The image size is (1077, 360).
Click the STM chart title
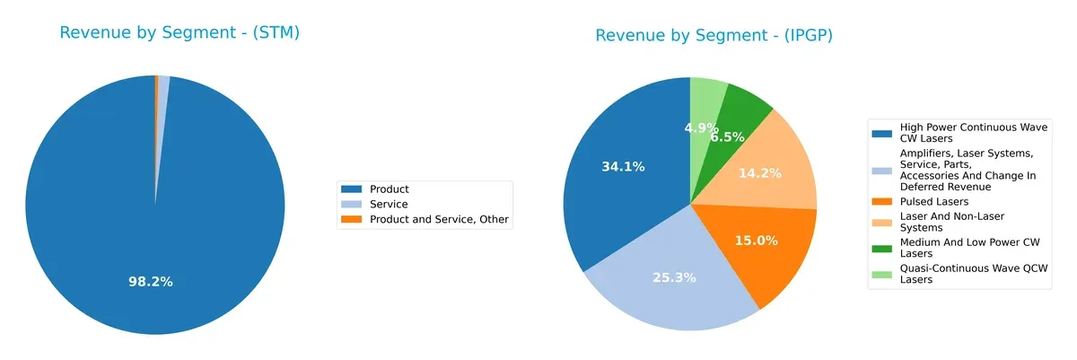(x=179, y=33)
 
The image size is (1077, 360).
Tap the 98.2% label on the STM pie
(x=151, y=282)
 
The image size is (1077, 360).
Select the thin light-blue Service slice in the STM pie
(x=163, y=90)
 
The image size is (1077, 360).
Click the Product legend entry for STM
(x=390, y=189)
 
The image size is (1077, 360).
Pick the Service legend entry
(x=389, y=205)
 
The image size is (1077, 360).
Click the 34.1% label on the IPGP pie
(x=622, y=166)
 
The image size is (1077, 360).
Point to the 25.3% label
(x=674, y=277)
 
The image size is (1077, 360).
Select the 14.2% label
(x=758, y=172)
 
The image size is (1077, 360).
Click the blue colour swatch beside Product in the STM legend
(x=352, y=189)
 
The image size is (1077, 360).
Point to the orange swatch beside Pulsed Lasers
(x=882, y=202)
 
